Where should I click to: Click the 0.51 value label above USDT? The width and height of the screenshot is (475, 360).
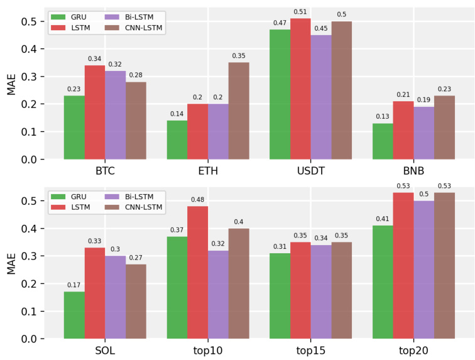pyautogui.click(x=300, y=11)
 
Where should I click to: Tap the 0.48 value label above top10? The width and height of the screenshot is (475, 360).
pyautogui.click(x=197, y=199)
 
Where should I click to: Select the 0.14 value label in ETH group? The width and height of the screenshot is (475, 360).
pyautogui.click(x=177, y=114)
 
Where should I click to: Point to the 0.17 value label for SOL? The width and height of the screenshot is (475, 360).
pyautogui.click(x=74, y=285)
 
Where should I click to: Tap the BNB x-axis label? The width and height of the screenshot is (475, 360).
pyautogui.click(x=413, y=171)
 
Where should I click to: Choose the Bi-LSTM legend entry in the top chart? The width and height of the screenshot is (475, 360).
pyautogui.click(x=133, y=17)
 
